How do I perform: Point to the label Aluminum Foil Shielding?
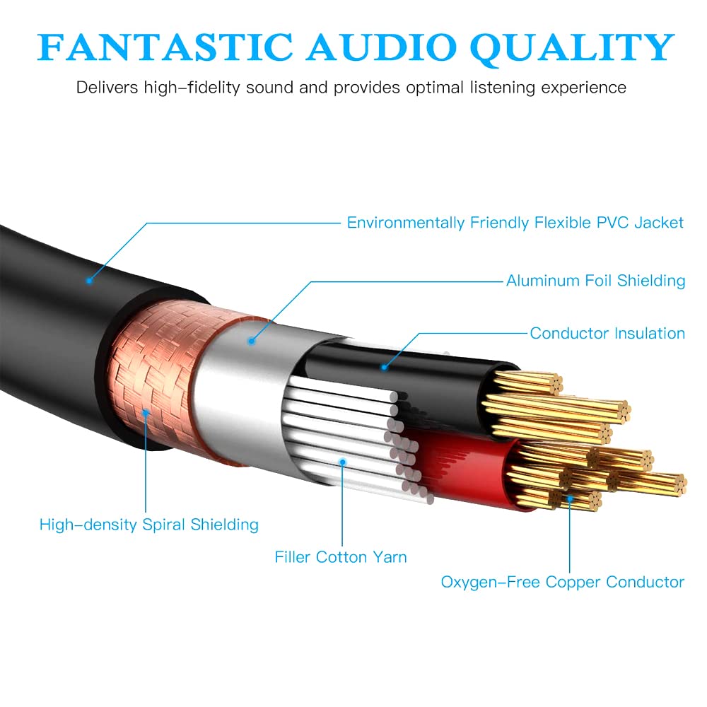(595, 281)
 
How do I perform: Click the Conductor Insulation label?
(607, 333)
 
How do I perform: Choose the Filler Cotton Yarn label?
(341, 557)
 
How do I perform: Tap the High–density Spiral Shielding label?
(149, 525)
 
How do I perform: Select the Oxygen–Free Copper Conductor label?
(562, 582)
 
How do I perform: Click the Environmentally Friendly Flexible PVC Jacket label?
(515, 223)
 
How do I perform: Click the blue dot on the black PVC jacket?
(89, 281)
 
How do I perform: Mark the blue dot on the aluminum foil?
(250, 341)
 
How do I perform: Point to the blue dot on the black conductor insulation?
(384, 366)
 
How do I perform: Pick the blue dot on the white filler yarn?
(342, 462)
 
